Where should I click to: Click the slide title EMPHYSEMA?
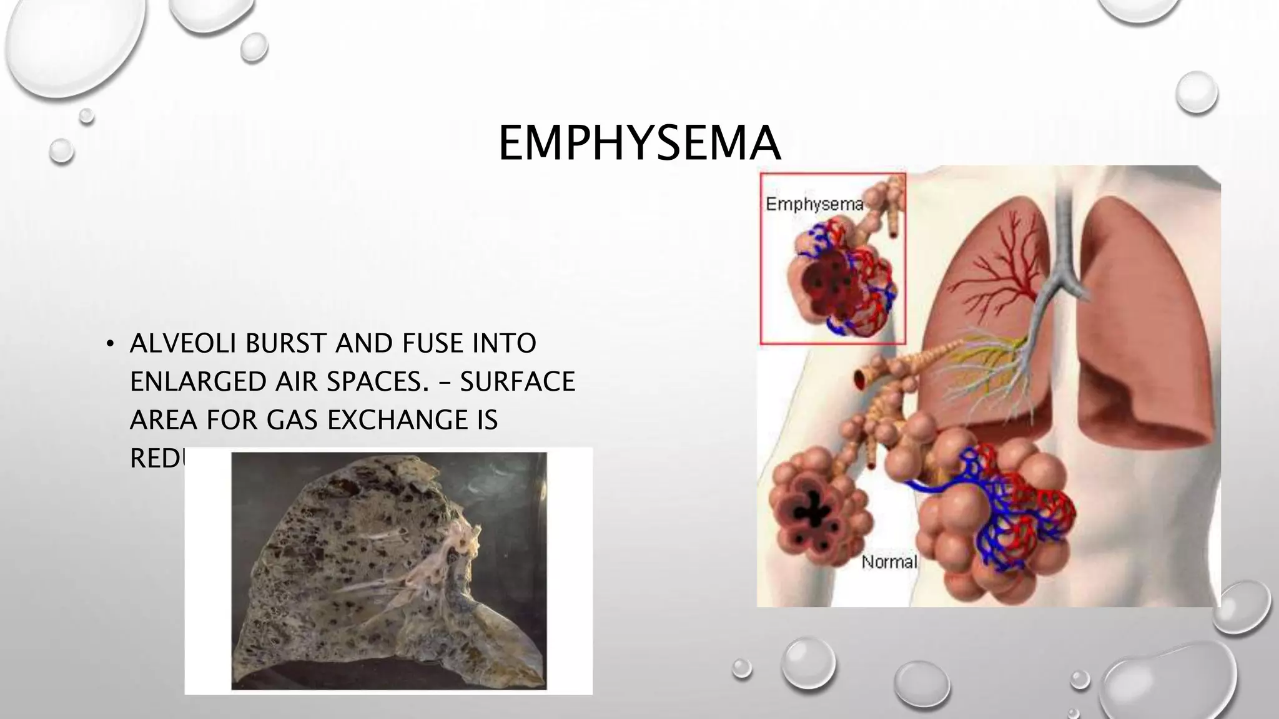pyautogui.click(x=639, y=144)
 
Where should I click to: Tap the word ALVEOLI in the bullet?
pyautogui.click(x=183, y=343)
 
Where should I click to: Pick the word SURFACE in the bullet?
pyautogui.click(x=517, y=381)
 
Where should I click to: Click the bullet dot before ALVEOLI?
pyautogui.click(x=111, y=344)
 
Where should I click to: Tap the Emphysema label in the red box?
pyautogui.click(x=814, y=204)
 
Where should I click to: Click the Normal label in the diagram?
pyautogui.click(x=889, y=562)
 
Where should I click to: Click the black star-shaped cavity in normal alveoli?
pyautogui.click(x=812, y=509)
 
